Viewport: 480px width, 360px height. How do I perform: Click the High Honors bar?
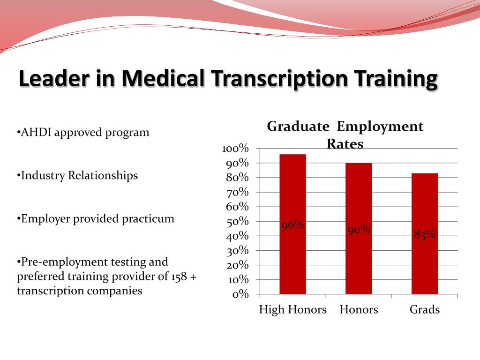(x=292, y=224)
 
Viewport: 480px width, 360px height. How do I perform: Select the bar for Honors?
(x=359, y=228)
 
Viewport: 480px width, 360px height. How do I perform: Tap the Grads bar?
(x=425, y=233)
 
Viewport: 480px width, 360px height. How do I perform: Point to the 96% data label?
(x=293, y=225)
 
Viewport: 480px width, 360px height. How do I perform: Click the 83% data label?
(x=425, y=234)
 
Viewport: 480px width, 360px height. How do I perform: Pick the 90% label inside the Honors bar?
(x=359, y=229)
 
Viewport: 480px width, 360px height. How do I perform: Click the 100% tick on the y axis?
(x=235, y=149)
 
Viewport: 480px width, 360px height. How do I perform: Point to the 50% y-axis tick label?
(x=237, y=221)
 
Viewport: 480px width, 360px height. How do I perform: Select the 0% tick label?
(x=240, y=294)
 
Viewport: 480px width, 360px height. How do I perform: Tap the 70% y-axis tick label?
(x=237, y=192)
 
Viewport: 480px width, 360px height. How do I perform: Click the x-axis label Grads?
(x=425, y=309)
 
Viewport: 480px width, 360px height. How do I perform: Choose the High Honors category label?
(x=292, y=310)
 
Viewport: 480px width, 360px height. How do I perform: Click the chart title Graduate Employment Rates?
(x=345, y=135)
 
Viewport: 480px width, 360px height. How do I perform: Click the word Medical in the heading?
(x=163, y=78)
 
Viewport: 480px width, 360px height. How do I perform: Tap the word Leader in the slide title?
(x=54, y=78)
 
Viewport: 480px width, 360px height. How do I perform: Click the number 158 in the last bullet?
(x=179, y=277)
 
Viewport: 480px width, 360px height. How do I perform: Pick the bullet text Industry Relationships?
(x=79, y=176)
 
